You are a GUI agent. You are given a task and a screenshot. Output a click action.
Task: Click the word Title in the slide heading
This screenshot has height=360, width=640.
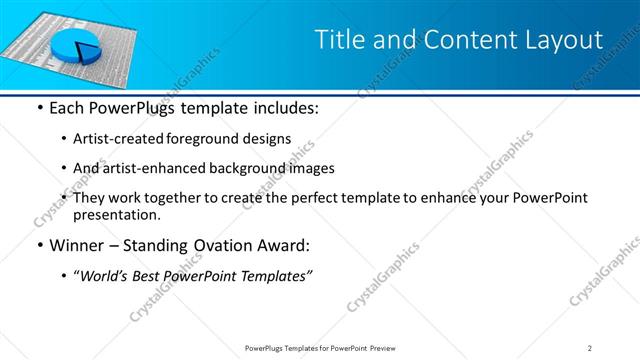coord(339,40)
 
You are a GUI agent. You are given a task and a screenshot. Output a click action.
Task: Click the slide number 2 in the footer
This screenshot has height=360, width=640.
coord(589,348)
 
